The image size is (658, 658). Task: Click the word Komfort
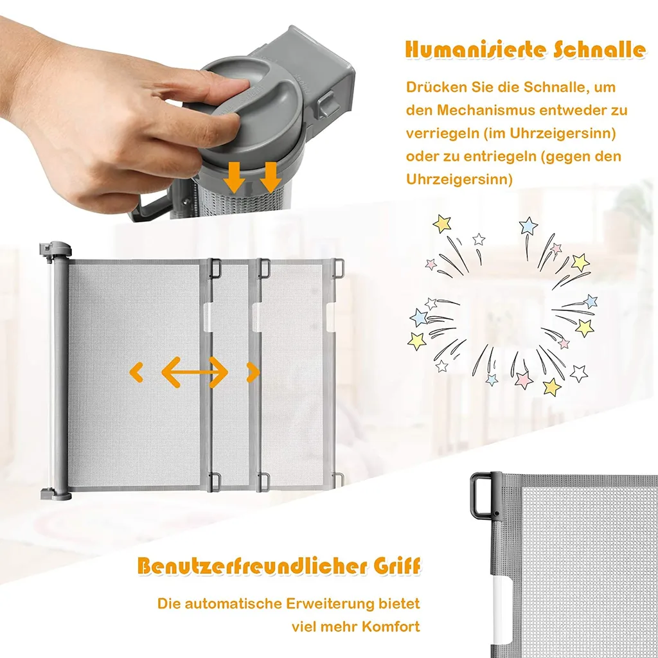[x=390, y=627]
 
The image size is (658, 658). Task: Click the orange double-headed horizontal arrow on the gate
[x=195, y=372]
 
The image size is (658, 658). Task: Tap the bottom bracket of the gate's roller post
[x=55, y=493]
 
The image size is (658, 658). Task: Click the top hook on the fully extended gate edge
[x=339, y=269]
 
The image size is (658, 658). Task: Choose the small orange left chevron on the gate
[x=136, y=372]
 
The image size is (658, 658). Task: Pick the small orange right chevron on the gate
[x=253, y=372]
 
